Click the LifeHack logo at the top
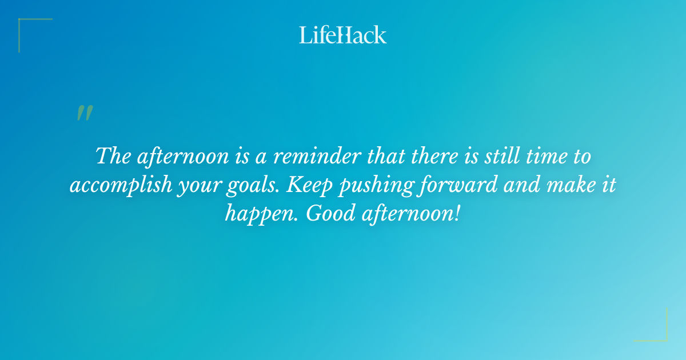pos(343,35)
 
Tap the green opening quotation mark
pos(85,113)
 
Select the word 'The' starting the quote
pos(113,156)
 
